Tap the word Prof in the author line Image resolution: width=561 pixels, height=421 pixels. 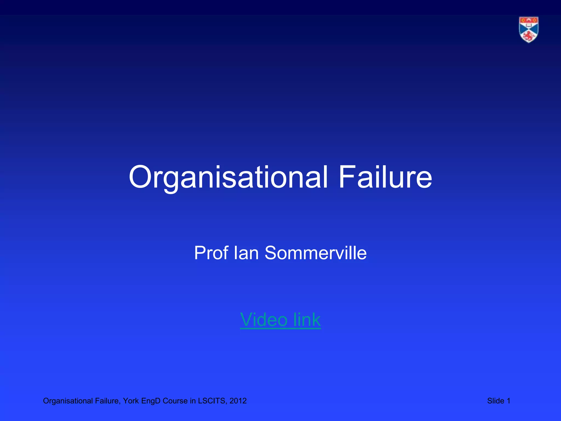[x=211, y=253]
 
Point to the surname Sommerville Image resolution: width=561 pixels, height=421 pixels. [x=315, y=253]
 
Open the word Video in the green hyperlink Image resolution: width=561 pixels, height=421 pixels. [x=264, y=320]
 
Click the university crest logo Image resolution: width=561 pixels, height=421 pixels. [x=528, y=30]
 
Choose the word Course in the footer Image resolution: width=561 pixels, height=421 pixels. [x=175, y=401]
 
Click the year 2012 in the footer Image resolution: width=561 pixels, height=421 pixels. [x=238, y=401]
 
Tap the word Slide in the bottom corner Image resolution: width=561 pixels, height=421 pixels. [x=496, y=401]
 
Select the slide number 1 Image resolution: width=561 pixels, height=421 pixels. [x=509, y=401]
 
